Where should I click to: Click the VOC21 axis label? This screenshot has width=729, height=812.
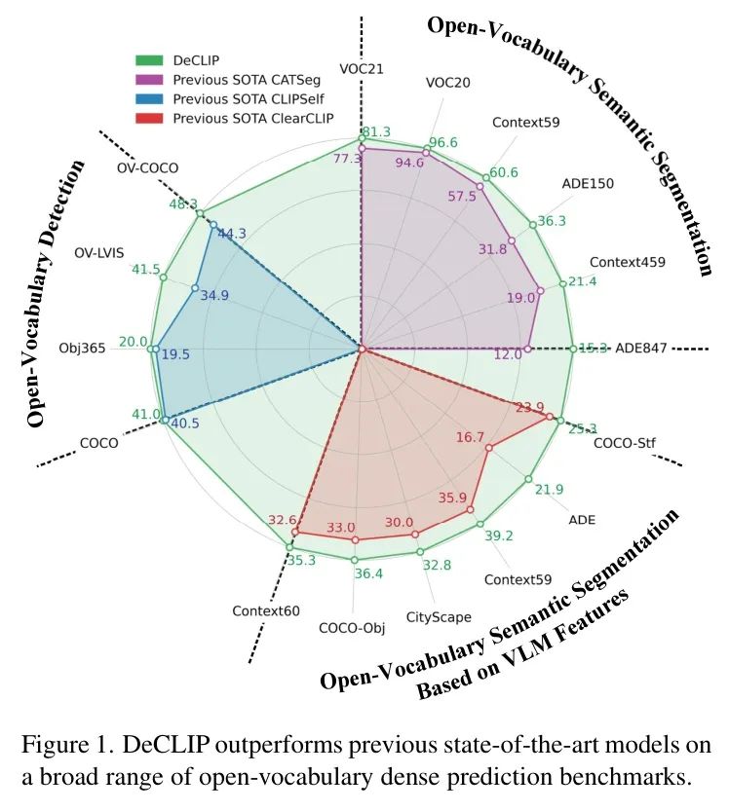pyautogui.click(x=361, y=68)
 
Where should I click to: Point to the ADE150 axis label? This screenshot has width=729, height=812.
pyautogui.click(x=588, y=183)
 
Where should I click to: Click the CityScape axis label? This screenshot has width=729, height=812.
pyautogui.click(x=439, y=616)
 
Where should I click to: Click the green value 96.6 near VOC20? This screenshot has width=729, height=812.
pyautogui.click(x=442, y=142)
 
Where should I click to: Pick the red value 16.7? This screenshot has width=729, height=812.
pyautogui.click(x=470, y=438)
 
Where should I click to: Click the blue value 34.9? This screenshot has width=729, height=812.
pyautogui.click(x=214, y=295)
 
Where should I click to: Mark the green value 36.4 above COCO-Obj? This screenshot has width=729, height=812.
pyautogui.click(x=367, y=574)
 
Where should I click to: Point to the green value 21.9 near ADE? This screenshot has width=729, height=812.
pyautogui.click(x=550, y=489)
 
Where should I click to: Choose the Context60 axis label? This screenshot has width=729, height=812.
pyautogui.click(x=265, y=610)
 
